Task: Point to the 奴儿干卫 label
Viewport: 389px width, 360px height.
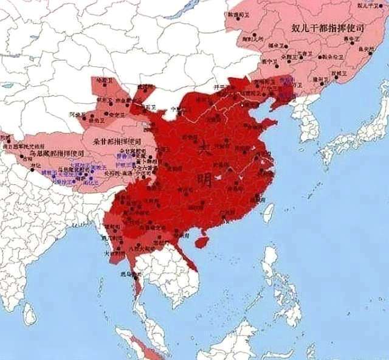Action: [x=370, y=5]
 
